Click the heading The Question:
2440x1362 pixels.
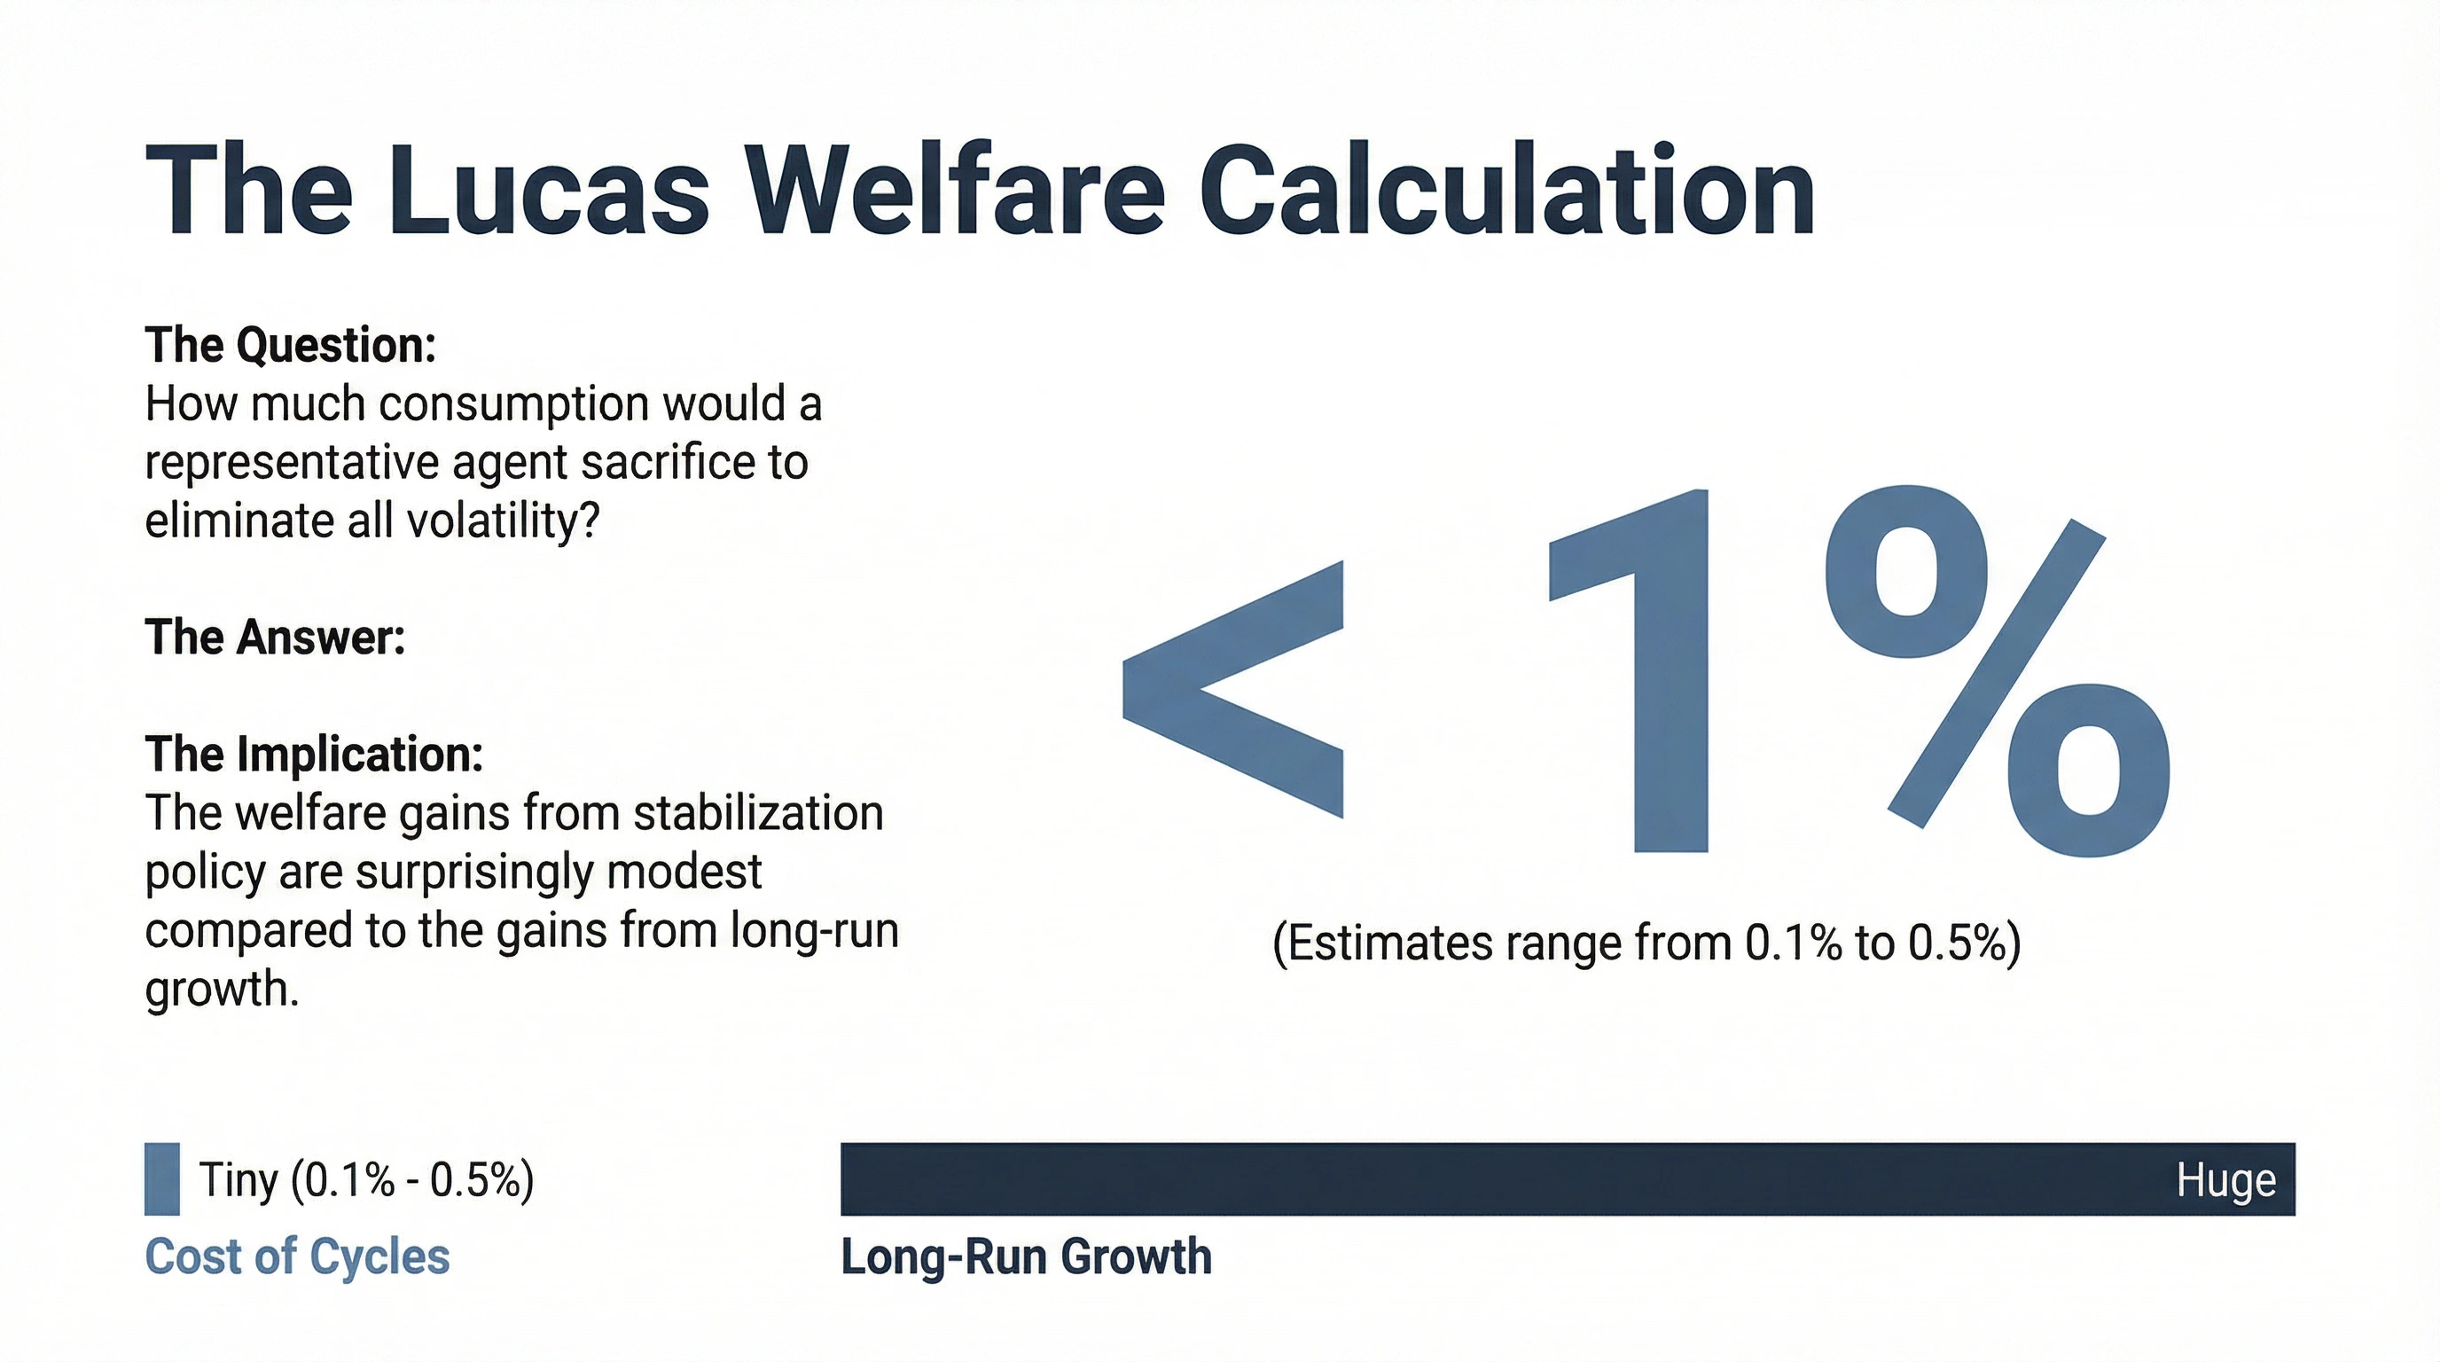(290, 345)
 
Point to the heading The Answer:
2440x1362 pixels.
(275, 637)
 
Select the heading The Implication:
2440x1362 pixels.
(314, 754)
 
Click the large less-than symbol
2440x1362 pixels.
(1233, 690)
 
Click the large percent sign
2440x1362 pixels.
(1998, 671)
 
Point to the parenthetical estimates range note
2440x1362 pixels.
(1646, 943)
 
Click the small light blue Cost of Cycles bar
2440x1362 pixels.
(162, 1179)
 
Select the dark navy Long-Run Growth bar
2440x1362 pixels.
(1568, 1179)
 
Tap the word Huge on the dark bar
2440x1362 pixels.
(2226, 1180)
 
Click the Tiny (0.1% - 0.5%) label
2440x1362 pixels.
(366, 1180)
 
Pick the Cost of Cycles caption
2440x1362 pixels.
(297, 1256)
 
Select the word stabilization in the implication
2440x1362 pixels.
(759, 812)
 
